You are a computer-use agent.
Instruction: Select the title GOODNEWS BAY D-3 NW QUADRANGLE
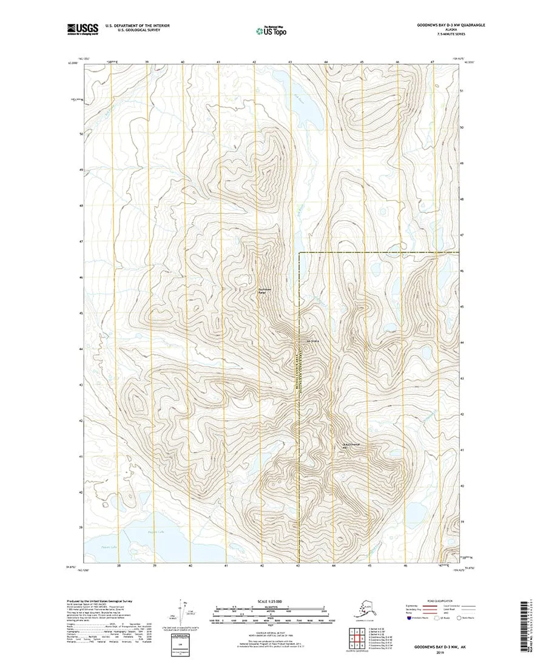(449, 25)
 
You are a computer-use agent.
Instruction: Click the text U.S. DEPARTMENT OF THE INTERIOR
(137, 25)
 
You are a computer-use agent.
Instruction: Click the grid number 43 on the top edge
(290, 62)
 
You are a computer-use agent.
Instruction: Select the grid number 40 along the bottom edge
(190, 565)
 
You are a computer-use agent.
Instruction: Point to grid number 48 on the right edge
(462, 199)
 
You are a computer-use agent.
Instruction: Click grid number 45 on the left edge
(81, 314)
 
